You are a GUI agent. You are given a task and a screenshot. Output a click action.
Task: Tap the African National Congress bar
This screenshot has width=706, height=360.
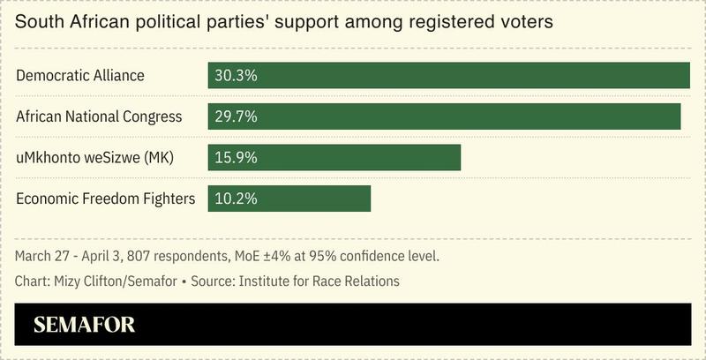click(459, 116)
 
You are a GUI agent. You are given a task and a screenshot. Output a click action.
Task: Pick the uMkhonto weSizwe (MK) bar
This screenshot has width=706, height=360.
click(353, 157)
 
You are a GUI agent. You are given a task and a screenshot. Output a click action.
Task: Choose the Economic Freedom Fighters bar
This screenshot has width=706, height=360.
click(309, 199)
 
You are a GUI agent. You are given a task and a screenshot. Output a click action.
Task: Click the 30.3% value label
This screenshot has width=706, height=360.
click(234, 76)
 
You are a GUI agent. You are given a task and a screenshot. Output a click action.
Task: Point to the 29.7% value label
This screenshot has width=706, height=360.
click(234, 116)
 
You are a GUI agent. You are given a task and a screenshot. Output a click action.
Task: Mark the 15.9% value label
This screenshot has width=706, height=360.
click(234, 157)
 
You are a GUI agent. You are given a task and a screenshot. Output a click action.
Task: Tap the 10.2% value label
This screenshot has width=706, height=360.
click(234, 199)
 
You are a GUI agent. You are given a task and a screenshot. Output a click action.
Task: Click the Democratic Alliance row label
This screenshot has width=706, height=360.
click(79, 76)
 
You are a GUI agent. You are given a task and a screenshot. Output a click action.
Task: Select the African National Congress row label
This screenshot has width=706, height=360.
click(99, 116)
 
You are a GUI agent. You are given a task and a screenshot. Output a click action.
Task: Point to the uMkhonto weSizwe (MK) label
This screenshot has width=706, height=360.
click(96, 157)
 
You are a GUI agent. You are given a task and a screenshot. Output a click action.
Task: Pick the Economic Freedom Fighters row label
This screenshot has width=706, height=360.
click(105, 199)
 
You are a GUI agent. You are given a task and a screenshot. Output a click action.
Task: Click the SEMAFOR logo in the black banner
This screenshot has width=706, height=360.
click(84, 325)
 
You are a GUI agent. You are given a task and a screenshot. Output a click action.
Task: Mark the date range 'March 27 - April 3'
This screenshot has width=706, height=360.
click(67, 257)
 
